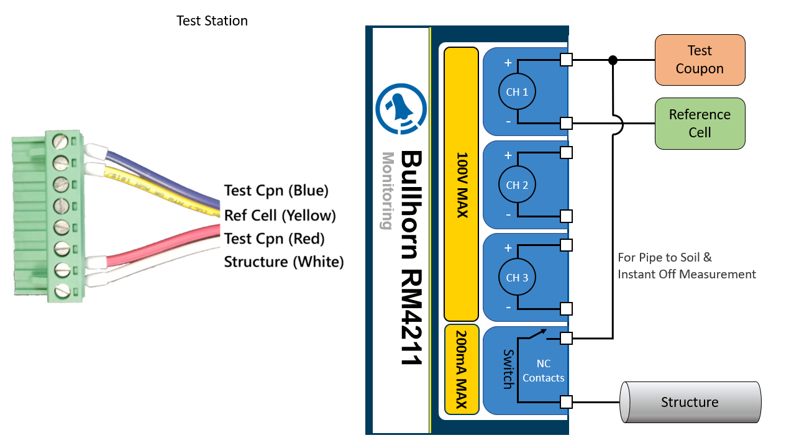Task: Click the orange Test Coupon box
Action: coord(700,60)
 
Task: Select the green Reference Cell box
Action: coord(700,123)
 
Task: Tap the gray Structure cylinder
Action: coord(690,402)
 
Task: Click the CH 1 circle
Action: coord(517,92)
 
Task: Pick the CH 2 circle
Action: coord(517,185)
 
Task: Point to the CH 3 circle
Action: coord(517,277)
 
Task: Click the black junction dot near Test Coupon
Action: coord(613,60)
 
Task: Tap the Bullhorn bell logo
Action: coord(401,109)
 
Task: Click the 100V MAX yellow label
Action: coord(462,185)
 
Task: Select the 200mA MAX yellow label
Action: coord(462,369)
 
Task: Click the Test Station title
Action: coord(212,21)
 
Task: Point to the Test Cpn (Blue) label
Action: coord(276,191)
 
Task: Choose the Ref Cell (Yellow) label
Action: coord(280,216)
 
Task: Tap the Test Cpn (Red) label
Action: coord(275,239)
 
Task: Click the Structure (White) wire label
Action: coord(284,262)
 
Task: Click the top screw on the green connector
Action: coord(60,142)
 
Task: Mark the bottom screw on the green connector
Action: coord(62,291)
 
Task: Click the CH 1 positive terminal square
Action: coord(566,60)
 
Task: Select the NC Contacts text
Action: coord(544,371)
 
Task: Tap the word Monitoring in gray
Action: coord(388,191)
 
